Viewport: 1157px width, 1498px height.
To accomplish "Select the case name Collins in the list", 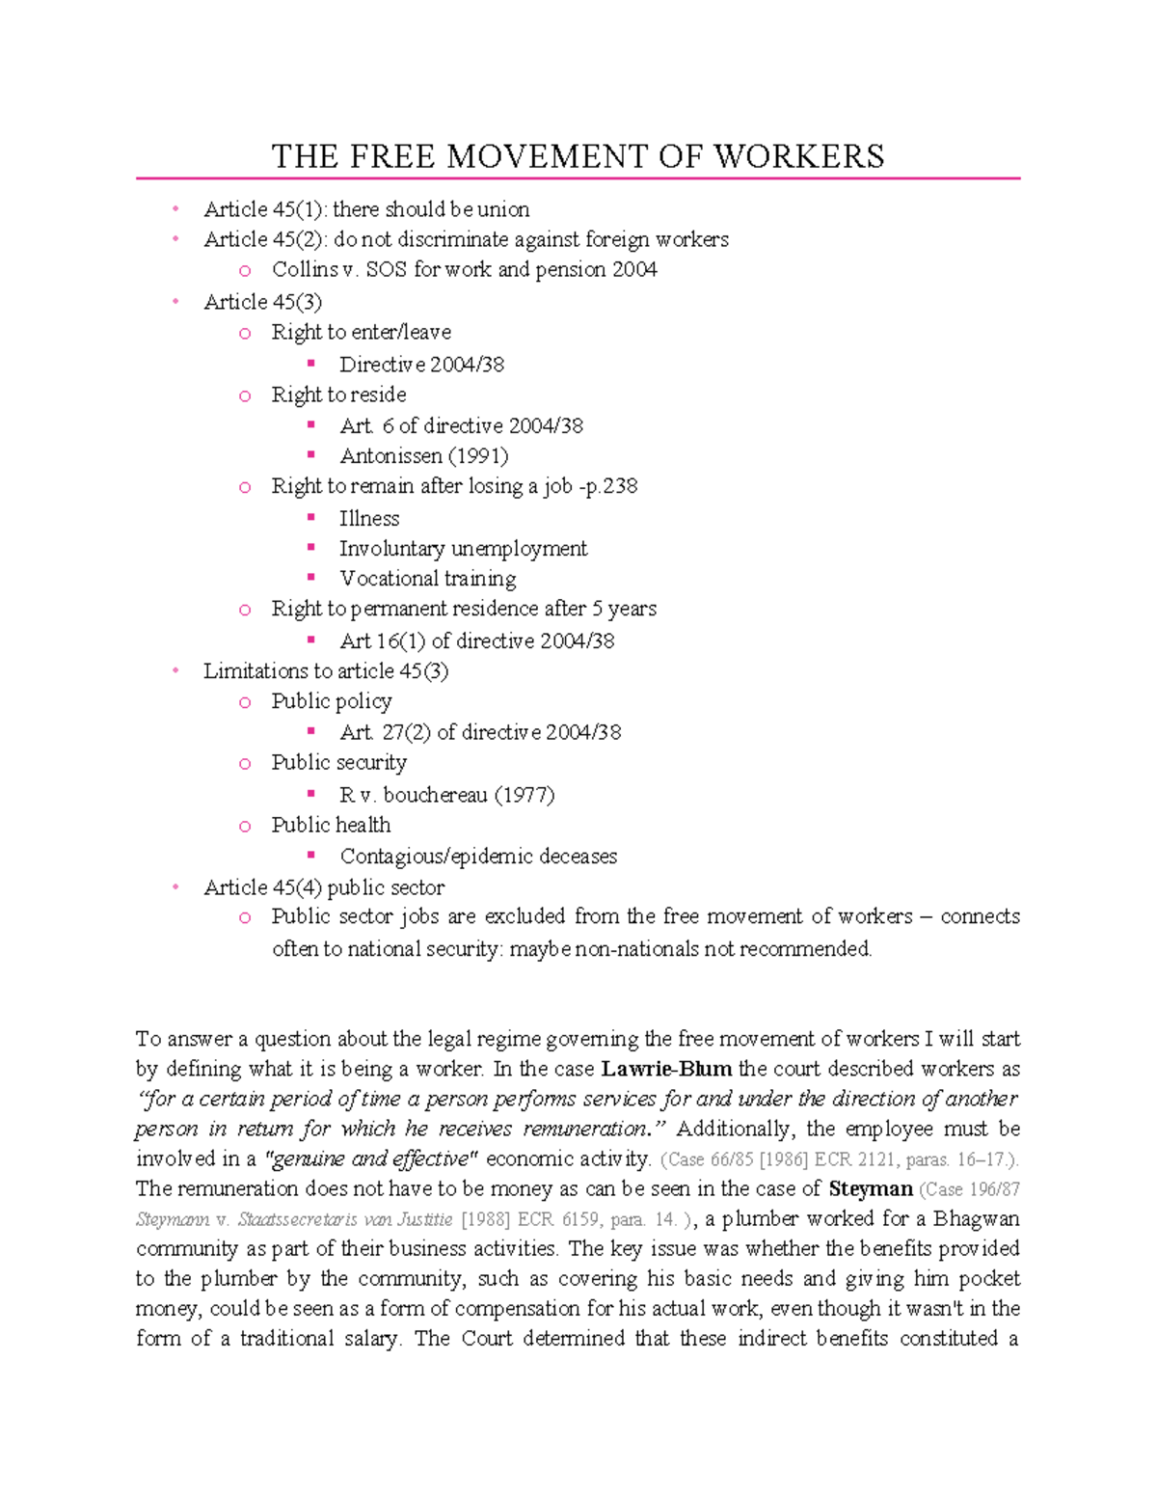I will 305,269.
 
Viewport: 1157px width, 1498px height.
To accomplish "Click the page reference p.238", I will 610,486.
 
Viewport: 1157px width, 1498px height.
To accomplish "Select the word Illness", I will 369,518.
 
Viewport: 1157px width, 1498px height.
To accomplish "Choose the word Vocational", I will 388,579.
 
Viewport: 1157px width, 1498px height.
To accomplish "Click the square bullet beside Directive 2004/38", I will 310,364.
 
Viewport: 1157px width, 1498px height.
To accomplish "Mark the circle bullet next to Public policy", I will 245,702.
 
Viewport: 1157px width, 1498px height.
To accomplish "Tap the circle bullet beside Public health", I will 245,827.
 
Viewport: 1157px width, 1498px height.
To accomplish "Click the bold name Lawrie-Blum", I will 666,1069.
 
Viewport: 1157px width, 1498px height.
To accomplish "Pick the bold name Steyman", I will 871,1188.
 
